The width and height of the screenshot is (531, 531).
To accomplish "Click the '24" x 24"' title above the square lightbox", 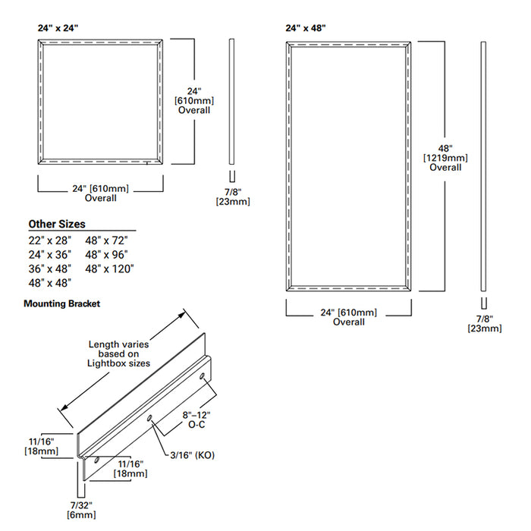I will (x=58, y=27).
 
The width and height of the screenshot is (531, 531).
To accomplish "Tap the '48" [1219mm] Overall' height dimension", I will (x=445, y=157).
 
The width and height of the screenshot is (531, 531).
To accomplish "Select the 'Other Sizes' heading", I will (x=57, y=224).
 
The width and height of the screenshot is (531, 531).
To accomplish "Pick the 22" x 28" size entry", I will (x=49, y=240).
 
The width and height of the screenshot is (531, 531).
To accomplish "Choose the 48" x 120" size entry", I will (x=110, y=268).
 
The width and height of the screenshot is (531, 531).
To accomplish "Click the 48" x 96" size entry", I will (x=107, y=254).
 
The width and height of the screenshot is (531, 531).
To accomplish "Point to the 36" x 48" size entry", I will (x=49, y=268).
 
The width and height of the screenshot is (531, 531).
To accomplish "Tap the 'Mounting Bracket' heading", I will (x=61, y=303).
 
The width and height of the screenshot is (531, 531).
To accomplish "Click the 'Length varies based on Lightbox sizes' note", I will (x=119, y=353).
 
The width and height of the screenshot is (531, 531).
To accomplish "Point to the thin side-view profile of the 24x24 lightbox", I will (x=231, y=102).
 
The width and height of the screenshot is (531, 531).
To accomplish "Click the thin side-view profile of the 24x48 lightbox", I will (x=483, y=167).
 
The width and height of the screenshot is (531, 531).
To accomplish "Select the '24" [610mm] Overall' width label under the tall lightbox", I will (x=348, y=317).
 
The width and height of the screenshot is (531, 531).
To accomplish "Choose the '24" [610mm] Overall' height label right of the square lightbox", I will (x=194, y=99).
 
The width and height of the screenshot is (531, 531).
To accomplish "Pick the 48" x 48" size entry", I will (x=49, y=282).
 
